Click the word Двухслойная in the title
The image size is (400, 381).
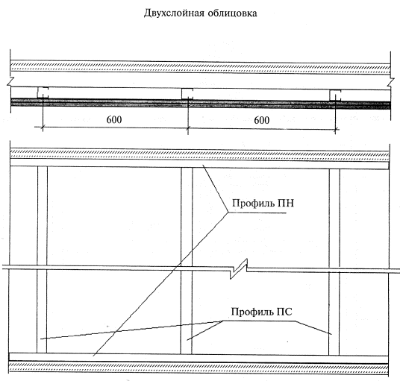click(x=174, y=13)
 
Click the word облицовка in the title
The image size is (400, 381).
click(x=232, y=13)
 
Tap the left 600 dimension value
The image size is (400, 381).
click(x=114, y=119)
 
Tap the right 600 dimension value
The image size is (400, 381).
click(x=261, y=120)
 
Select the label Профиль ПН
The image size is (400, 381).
click(x=263, y=203)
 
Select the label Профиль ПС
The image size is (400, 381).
click(x=261, y=312)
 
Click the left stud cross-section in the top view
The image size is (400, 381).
click(x=43, y=92)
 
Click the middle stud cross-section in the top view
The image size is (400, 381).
click(x=187, y=94)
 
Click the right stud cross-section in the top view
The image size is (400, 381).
click(x=335, y=95)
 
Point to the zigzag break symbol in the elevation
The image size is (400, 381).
click(x=239, y=269)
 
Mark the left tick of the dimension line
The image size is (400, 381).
click(x=43, y=127)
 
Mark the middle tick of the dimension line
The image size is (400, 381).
click(x=188, y=128)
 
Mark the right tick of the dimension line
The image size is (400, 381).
click(x=336, y=130)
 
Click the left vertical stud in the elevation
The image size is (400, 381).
click(x=42, y=259)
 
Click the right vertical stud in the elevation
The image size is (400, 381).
click(x=334, y=262)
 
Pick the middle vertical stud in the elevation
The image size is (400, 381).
click(x=187, y=260)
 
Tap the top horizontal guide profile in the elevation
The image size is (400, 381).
click(x=199, y=163)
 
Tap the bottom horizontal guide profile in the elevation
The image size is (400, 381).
click(x=199, y=358)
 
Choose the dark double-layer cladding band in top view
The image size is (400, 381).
click(x=201, y=104)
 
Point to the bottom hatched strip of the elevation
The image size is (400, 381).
click(x=199, y=368)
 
